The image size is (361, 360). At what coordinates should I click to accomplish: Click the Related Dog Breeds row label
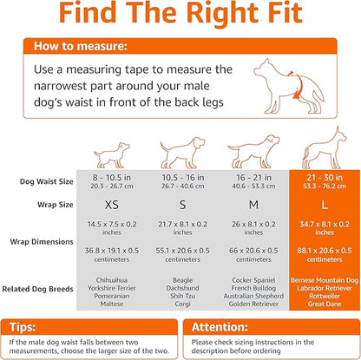point(43,290)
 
